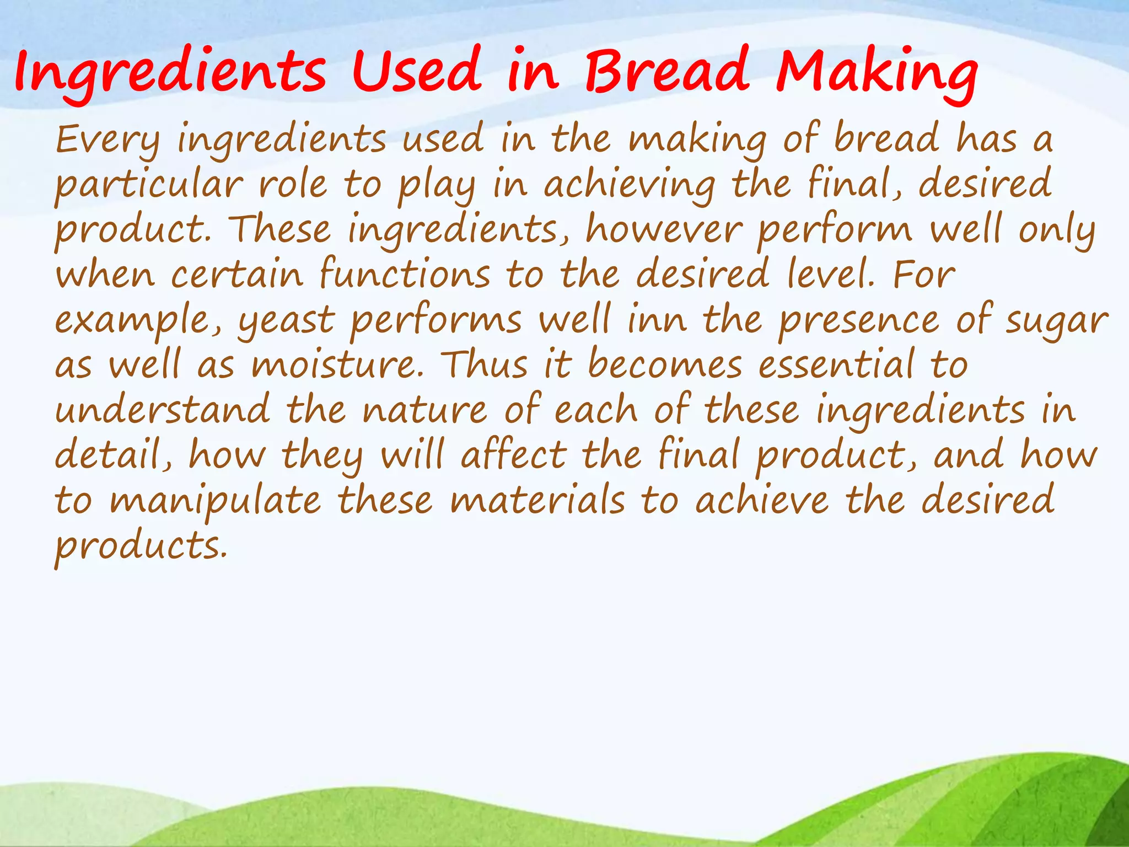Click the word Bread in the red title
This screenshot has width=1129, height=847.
[x=667, y=72]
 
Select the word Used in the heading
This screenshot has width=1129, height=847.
[x=417, y=72]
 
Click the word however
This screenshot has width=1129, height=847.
[x=664, y=230]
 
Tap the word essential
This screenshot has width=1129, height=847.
[x=836, y=365]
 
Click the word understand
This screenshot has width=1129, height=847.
[x=163, y=410]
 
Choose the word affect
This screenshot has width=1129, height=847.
[x=514, y=455]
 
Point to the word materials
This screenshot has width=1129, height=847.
[x=537, y=501]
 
